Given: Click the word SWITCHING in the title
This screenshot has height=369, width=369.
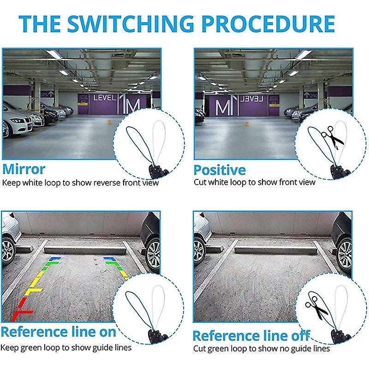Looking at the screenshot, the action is [131, 24].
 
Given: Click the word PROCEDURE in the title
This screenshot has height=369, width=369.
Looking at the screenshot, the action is [268, 24].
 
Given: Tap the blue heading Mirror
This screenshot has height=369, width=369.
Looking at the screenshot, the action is [24, 169].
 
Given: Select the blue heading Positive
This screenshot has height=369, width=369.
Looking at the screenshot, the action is [220, 170].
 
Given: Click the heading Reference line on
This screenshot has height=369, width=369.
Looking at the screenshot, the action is [59, 332].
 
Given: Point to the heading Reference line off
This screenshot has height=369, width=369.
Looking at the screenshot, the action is [251, 336].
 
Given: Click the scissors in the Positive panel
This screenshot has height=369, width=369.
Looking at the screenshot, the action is [332, 137].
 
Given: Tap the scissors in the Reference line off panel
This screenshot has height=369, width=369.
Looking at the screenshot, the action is [316, 308].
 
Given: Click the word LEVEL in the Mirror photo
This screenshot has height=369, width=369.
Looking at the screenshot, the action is [105, 98].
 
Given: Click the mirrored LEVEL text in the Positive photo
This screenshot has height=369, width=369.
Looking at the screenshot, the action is [251, 99].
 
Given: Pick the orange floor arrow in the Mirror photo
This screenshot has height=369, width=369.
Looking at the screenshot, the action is [109, 122].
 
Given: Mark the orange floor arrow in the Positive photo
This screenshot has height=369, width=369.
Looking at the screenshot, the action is [247, 124].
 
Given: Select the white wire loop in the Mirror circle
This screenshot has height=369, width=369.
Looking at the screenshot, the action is [158, 141].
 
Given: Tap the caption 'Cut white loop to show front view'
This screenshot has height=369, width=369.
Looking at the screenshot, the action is [255, 182].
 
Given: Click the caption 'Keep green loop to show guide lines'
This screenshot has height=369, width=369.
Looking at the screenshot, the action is [66, 348].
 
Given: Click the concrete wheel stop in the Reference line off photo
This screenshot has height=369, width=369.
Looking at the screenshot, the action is [275, 250].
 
